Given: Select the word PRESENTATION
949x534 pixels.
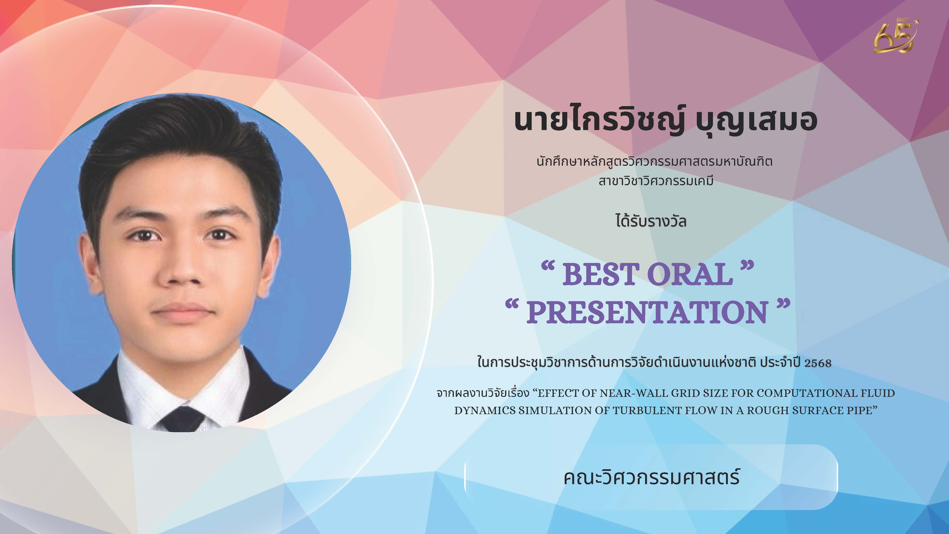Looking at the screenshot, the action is (x=647, y=312).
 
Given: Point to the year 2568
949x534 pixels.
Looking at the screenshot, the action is (x=818, y=363).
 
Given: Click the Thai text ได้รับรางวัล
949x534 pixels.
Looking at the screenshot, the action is (x=651, y=221).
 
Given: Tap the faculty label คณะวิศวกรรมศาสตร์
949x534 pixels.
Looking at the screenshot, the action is (x=651, y=477).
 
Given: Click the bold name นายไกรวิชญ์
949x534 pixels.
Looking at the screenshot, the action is (x=599, y=120).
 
